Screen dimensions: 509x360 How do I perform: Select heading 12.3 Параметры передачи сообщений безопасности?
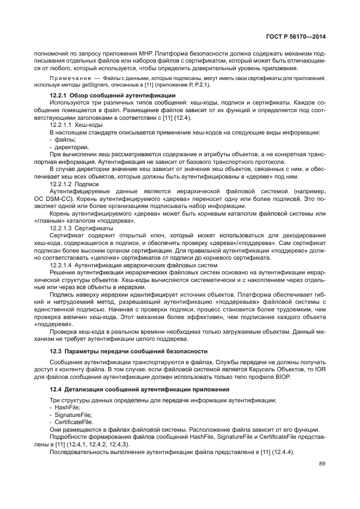128,351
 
